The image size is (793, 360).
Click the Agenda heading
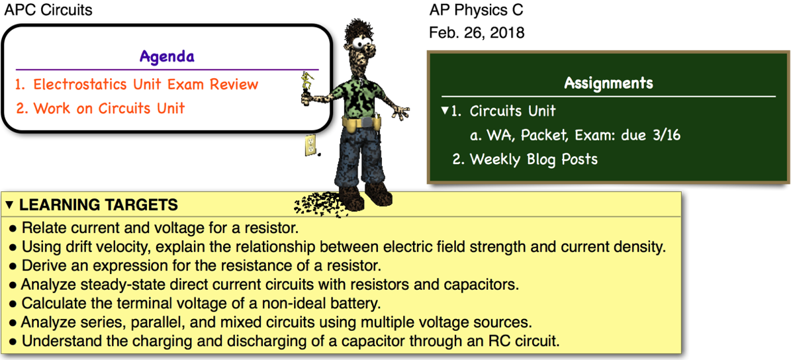tap(167, 56)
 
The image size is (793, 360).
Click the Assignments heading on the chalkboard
tap(608, 83)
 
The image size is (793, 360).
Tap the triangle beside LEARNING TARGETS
tap(9, 204)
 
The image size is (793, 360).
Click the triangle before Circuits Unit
tap(445, 111)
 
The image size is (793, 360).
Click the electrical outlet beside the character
tap(309, 144)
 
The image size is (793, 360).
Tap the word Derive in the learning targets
tap(41, 266)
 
